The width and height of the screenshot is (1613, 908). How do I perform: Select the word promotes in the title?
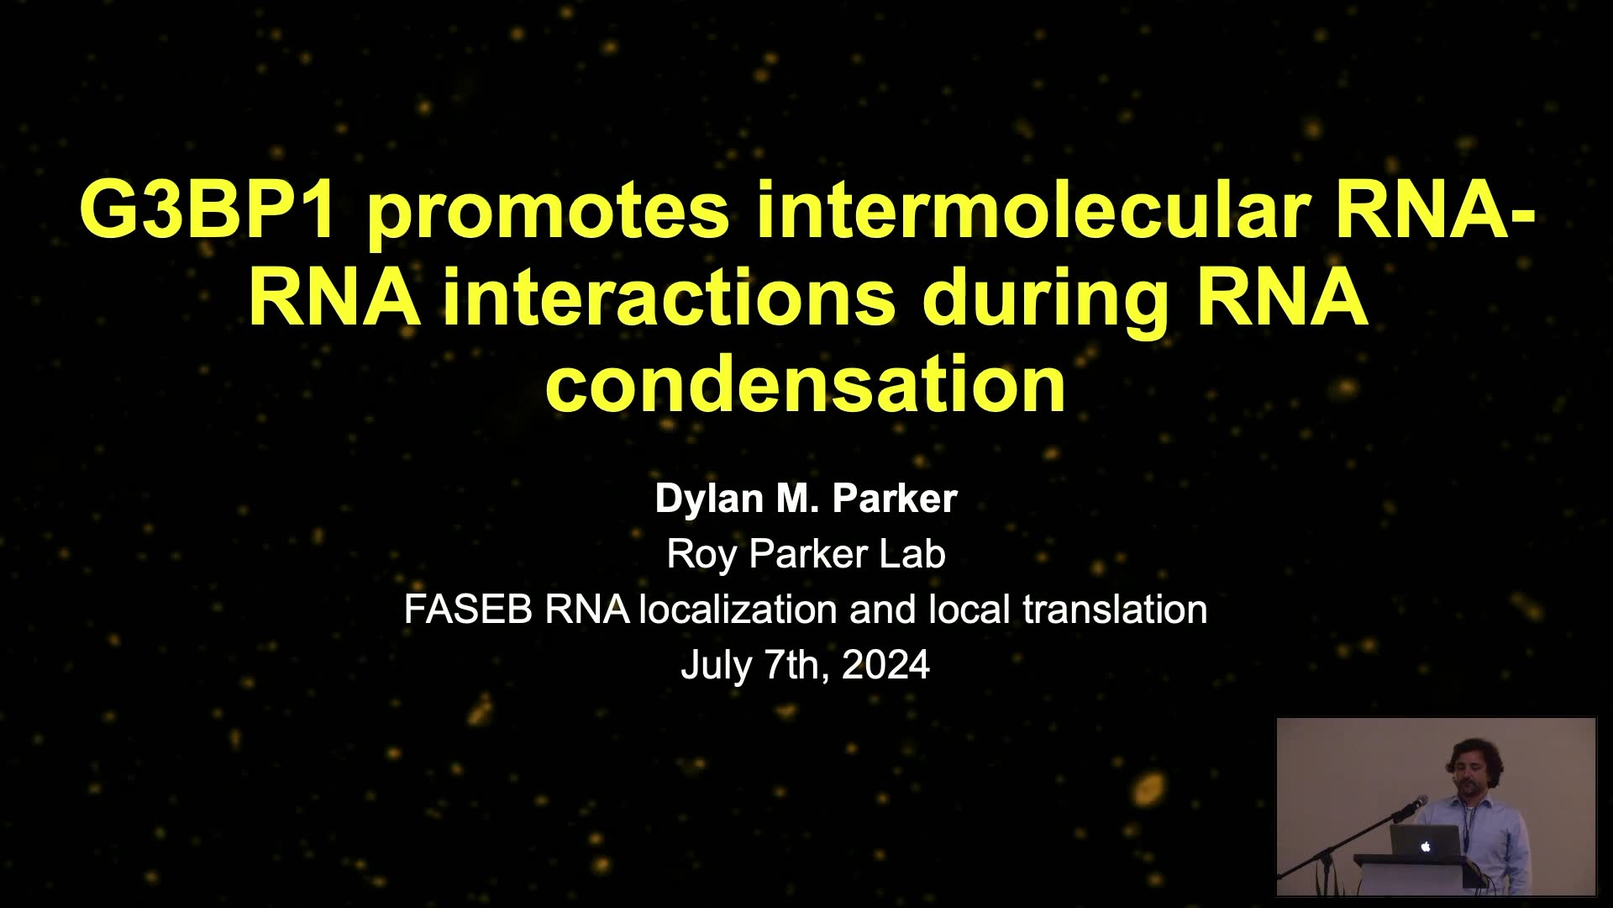(x=549, y=214)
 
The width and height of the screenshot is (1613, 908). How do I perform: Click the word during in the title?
(x=1045, y=302)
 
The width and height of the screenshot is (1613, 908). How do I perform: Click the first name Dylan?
(x=709, y=499)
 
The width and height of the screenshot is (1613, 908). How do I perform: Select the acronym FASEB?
(x=468, y=610)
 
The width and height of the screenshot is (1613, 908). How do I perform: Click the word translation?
(x=1115, y=610)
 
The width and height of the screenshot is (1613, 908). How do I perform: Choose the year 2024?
(x=885, y=665)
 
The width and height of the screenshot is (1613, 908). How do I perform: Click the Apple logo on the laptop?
(x=1426, y=847)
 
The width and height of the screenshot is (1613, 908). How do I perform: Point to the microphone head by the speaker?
(x=1420, y=802)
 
